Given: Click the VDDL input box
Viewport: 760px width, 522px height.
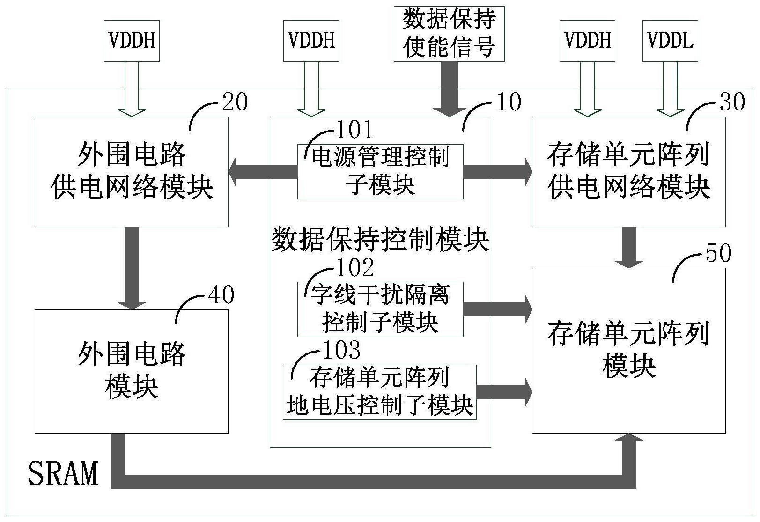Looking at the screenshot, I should pos(670,41).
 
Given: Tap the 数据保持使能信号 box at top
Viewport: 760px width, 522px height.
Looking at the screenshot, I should pos(449,34).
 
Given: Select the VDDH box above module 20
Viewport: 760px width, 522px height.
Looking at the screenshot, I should pos(132,41).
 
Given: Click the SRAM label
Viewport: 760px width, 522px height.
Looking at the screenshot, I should pos(63,473).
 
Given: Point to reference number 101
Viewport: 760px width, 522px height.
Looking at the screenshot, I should pos(354,129).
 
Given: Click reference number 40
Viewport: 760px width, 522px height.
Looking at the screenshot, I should pos(221,295).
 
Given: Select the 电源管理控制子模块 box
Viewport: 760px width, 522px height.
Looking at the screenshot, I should pos(380,172).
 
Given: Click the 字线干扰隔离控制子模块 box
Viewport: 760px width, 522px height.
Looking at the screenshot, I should pos(380,309).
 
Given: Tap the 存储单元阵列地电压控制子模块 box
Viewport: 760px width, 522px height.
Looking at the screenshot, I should pos(379,392).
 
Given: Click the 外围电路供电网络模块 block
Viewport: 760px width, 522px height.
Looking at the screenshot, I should pos(132,172).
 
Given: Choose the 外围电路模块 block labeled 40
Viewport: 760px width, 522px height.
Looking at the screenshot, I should pos(132,371).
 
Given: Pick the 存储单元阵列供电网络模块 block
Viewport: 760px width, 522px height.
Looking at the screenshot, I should pos(628,172).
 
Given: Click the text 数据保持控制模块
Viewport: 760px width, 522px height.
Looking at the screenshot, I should pos(380,240).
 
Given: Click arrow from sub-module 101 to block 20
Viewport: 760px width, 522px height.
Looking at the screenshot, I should pos(263,172).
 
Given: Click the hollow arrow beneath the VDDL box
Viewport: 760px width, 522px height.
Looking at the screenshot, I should pos(670,89).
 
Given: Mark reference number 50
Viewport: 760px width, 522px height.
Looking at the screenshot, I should pos(718,253).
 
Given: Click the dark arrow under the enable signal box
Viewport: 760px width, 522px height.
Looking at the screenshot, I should pos(449,89).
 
